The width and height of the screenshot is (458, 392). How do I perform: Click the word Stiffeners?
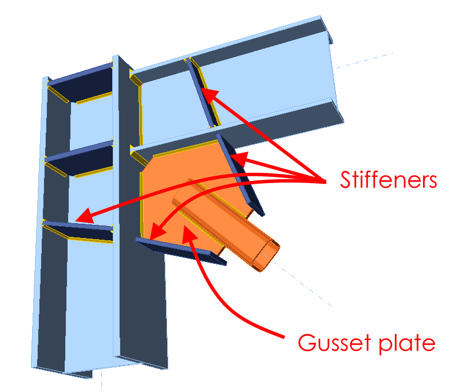(x=389, y=180)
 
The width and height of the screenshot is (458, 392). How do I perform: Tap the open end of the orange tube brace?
(x=267, y=256)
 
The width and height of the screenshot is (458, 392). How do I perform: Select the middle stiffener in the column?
(x=80, y=159)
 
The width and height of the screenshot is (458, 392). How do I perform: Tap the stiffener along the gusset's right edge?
(x=240, y=175)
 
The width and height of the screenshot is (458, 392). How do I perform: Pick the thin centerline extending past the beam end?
(x=366, y=60)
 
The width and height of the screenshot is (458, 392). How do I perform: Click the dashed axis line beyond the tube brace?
(x=309, y=286)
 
